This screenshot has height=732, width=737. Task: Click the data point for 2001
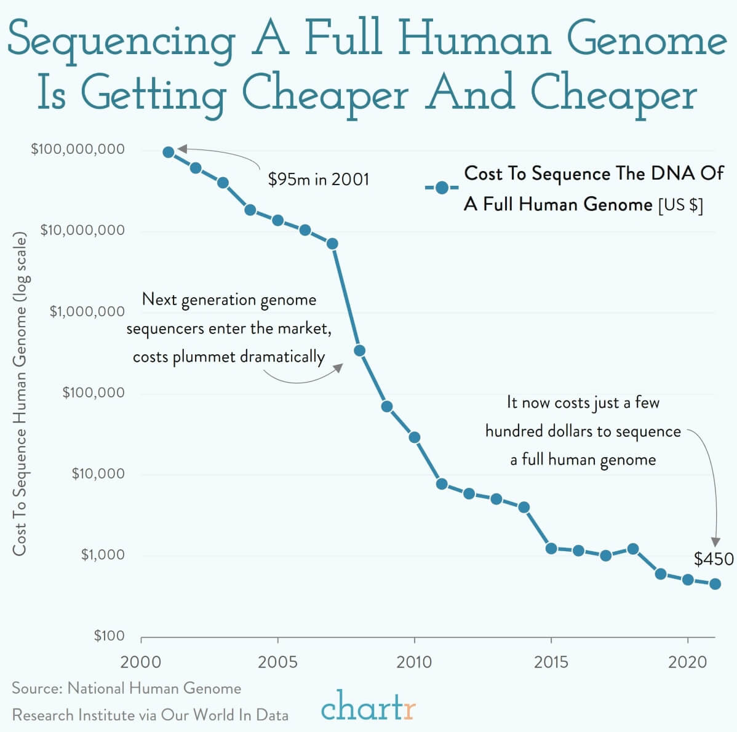click(169, 152)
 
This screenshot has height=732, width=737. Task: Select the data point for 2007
click(332, 244)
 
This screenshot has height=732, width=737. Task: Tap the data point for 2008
click(360, 351)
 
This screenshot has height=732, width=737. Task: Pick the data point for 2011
click(442, 483)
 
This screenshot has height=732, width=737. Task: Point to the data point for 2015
click(551, 548)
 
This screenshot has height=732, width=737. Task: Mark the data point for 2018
click(633, 549)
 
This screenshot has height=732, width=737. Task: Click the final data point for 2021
click(715, 584)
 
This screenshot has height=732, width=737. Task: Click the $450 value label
click(714, 559)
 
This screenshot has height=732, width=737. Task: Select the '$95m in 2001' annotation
click(319, 180)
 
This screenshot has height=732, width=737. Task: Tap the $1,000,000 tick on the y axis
click(87, 312)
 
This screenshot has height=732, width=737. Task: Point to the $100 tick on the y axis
click(109, 635)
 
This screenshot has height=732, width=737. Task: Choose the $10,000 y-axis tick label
click(98, 474)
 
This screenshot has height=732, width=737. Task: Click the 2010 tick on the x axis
click(414, 662)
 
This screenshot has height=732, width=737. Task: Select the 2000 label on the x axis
click(141, 662)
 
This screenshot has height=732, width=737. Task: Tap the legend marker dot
click(441, 188)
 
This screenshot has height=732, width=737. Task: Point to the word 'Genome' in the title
click(646, 40)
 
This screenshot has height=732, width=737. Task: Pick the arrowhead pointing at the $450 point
click(715, 542)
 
